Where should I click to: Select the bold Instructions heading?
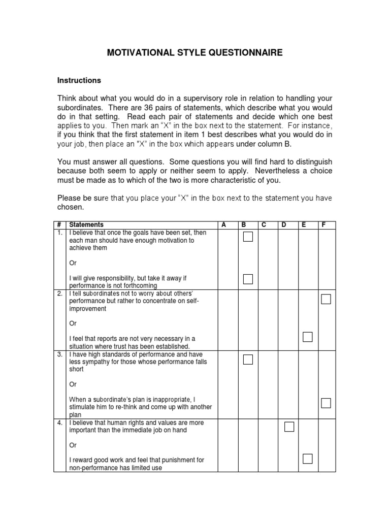pyautogui.click(x=79, y=80)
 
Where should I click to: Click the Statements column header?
pyautogui.click(x=86, y=224)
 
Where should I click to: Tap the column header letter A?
pyautogui.click(x=223, y=224)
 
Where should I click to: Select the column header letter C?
pyautogui.click(x=264, y=224)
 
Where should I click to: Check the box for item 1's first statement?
pyautogui.click(x=248, y=237)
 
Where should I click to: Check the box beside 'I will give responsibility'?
pyautogui.click(x=248, y=279)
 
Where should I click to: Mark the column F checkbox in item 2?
pyautogui.click(x=326, y=299)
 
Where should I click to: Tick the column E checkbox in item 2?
pyautogui.click(x=307, y=337)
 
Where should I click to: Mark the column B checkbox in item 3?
pyautogui.click(x=248, y=360)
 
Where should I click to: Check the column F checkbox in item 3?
pyautogui.click(x=326, y=403)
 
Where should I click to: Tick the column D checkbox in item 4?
pyautogui.click(x=289, y=427)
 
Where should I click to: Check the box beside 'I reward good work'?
pyautogui.click(x=307, y=459)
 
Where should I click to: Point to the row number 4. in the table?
pyautogui.click(x=59, y=422)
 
